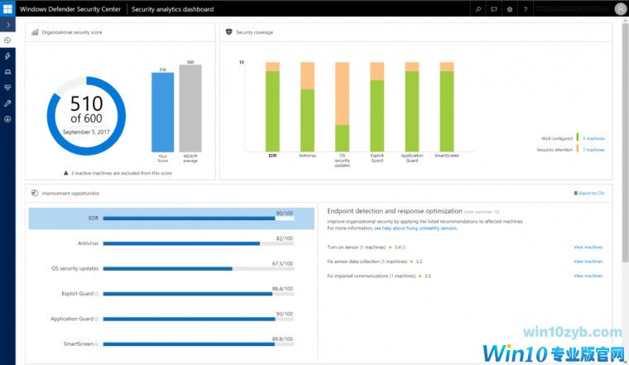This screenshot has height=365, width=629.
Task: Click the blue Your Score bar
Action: click(x=162, y=111)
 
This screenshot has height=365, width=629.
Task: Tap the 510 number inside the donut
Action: click(x=86, y=104)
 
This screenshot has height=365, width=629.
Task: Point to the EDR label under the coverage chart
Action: click(x=272, y=155)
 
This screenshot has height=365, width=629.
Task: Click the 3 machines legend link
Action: click(x=593, y=138)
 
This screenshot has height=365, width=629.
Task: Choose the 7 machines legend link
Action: click(x=593, y=150)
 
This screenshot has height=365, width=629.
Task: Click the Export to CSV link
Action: click(x=590, y=193)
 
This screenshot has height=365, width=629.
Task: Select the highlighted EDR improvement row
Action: click(x=171, y=219)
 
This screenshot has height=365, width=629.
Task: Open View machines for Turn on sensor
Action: click(x=588, y=247)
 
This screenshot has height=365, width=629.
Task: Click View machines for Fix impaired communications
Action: click(x=588, y=276)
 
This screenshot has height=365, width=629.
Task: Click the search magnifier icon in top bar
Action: click(x=478, y=9)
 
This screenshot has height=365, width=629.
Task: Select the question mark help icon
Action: click(x=526, y=9)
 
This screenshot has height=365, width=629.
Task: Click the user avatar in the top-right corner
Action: click(x=620, y=9)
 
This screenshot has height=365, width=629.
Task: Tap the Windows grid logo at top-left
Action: click(x=7, y=9)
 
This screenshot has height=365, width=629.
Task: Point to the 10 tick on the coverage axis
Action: click(x=241, y=63)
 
